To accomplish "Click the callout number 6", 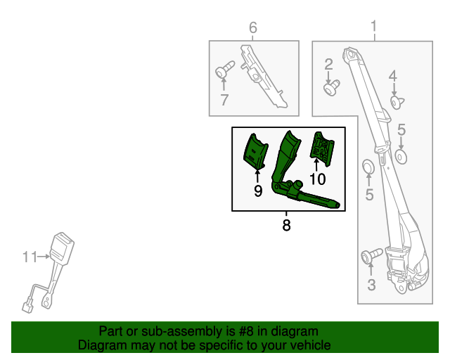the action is [x=253, y=27].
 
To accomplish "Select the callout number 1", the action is [x=373, y=27].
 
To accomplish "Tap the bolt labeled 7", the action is [x=225, y=69].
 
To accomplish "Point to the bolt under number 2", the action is [x=332, y=88].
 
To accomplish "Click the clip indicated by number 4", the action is [x=397, y=103].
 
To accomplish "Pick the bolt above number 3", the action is [x=371, y=255].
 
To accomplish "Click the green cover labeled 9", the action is [x=255, y=151].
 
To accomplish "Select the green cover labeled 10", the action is [x=322, y=148].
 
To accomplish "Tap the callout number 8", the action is [x=286, y=225].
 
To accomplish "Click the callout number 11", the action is [x=30, y=257].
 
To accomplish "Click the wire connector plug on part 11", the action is [x=27, y=307].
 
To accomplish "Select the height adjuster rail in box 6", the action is [x=263, y=76].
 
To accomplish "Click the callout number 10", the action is [x=318, y=179].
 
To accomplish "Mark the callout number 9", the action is [x=258, y=191].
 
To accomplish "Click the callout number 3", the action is [x=371, y=285].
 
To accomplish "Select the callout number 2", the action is [x=328, y=64].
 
